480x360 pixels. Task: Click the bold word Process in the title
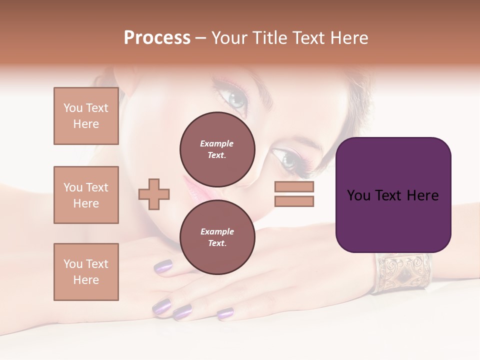157,38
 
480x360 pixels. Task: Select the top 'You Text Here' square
86,116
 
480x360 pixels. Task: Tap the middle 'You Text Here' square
86,195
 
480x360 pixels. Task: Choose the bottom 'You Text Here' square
86,272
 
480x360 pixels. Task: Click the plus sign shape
154,194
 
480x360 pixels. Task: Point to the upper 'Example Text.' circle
217,149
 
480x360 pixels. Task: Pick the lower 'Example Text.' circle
217,237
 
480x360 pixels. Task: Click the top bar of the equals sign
294,187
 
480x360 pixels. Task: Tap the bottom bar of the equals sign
294,201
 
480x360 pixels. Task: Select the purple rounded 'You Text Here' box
393,195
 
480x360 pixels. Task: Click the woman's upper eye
235,98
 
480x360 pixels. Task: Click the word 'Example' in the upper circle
217,143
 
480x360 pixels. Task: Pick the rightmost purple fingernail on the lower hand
225,313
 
